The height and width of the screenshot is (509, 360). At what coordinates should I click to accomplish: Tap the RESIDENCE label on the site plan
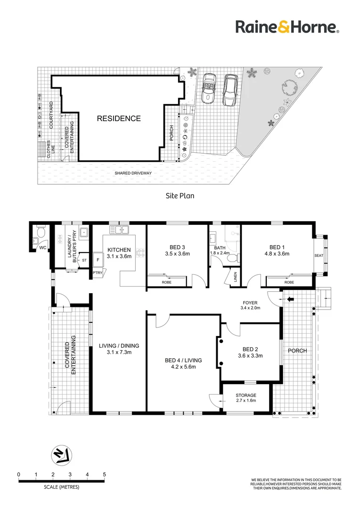[x=119, y=119]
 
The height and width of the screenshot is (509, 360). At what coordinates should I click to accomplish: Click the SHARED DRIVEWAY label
[x=133, y=173]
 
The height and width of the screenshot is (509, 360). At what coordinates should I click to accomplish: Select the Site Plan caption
[x=180, y=195]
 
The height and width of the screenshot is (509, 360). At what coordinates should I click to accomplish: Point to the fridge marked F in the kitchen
[x=98, y=260]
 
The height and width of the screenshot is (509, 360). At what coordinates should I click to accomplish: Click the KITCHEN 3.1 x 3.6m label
[x=119, y=254]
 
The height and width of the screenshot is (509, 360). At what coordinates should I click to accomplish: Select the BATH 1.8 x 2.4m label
[x=220, y=250]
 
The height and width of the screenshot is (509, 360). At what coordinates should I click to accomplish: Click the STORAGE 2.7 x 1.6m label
[x=245, y=398]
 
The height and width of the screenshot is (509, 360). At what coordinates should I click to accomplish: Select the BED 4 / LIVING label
[x=180, y=363]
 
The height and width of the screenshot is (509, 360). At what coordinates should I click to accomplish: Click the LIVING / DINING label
[x=119, y=349]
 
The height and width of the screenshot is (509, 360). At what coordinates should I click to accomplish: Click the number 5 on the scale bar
[x=104, y=474]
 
